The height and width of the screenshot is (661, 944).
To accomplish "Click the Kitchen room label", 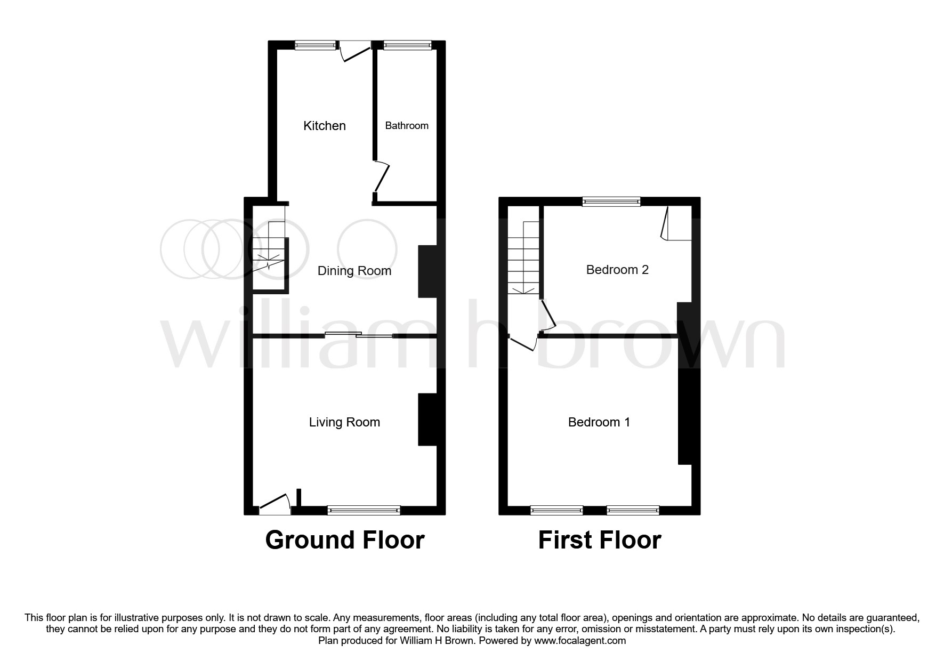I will click(x=325, y=126).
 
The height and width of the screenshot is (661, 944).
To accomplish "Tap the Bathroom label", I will click(x=407, y=126).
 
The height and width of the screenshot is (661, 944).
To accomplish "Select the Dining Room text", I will click(x=354, y=271).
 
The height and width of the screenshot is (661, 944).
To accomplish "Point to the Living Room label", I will click(x=344, y=422).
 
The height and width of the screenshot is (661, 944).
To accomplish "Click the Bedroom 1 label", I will click(x=599, y=422).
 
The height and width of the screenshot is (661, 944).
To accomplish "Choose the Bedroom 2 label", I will click(x=617, y=270).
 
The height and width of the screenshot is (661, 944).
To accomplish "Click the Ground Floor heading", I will click(x=345, y=540).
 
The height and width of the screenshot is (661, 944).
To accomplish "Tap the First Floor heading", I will click(x=600, y=540).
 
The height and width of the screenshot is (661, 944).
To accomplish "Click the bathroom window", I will click(x=407, y=46).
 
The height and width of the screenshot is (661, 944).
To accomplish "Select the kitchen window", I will click(x=316, y=46).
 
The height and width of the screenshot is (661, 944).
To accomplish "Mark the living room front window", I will click(x=364, y=510).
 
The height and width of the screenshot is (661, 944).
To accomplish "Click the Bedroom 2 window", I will click(x=611, y=201).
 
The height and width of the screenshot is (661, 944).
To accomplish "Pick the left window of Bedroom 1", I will click(x=556, y=510).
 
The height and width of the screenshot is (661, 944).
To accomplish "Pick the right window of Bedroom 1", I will click(x=633, y=510).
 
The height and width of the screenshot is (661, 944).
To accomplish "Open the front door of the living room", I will click(x=275, y=505).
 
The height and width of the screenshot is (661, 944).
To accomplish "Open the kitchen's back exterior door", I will click(x=355, y=52).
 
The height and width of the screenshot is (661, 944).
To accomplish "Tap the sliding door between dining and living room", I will click(x=358, y=335).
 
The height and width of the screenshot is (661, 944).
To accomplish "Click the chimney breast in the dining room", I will click(x=427, y=271).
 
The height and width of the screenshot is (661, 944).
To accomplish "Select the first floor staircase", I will click(x=523, y=259).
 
